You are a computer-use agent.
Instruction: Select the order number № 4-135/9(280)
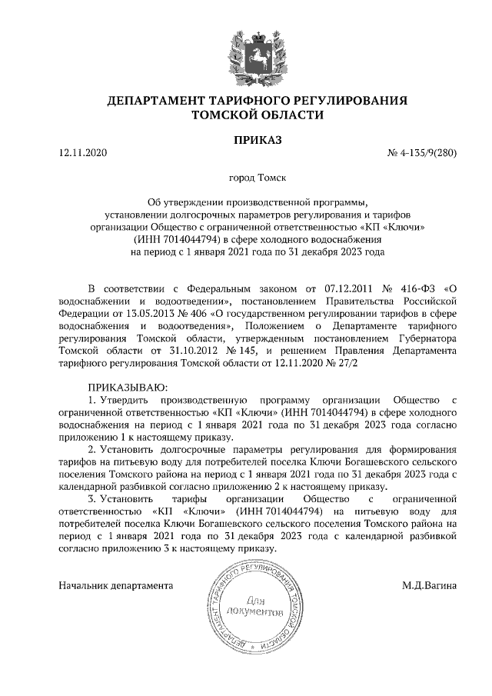click(x=422, y=154)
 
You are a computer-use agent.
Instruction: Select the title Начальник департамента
click(x=116, y=585)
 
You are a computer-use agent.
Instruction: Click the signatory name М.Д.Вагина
click(x=429, y=585)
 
